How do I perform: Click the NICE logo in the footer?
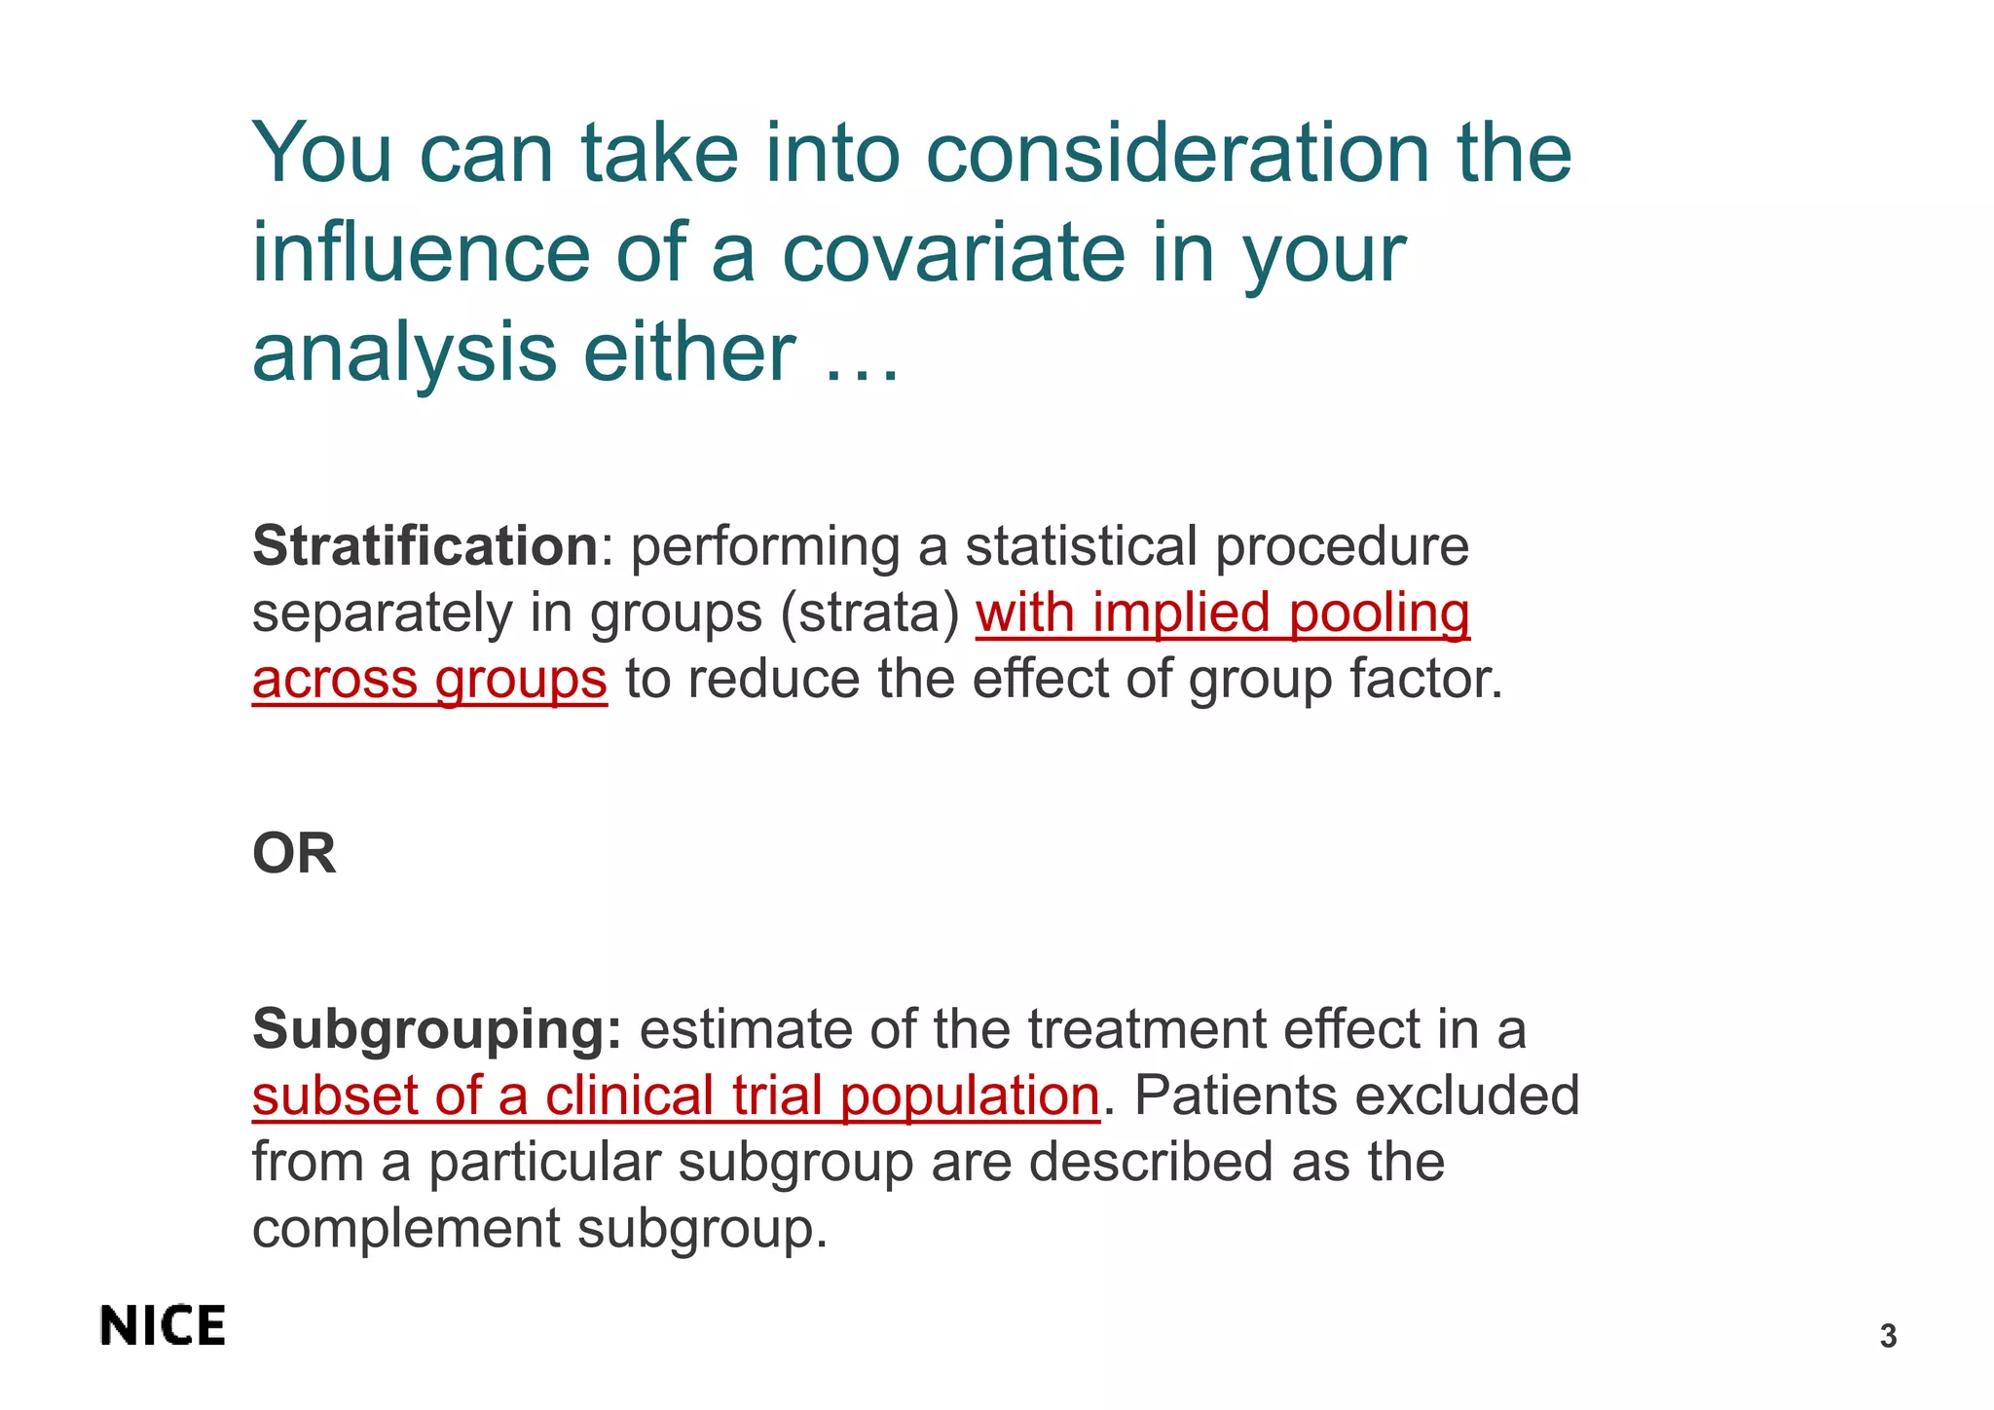(x=163, y=1326)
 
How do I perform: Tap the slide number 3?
(x=1888, y=1336)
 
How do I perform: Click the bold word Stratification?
(x=425, y=545)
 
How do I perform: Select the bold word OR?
(x=294, y=854)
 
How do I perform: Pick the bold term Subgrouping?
(x=436, y=1029)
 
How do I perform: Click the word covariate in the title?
(x=953, y=252)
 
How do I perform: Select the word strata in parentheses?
(x=870, y=613)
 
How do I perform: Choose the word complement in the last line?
(x=405, y=1228)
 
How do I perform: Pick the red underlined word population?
(x=970, y=1095)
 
